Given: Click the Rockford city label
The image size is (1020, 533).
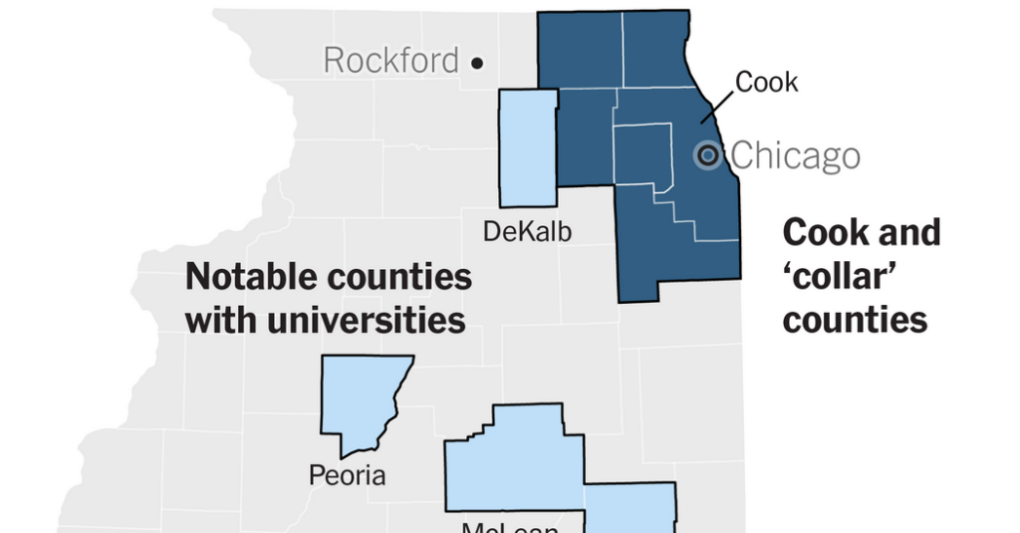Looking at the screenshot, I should [x=390, y=61].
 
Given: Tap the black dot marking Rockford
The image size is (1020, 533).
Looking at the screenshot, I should [x=477, y=63].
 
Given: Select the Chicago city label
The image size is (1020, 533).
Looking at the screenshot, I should [x=795, y=156].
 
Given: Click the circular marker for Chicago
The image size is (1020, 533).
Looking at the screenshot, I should [x=707, y=154].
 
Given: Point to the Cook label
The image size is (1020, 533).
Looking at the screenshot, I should [x=767, y=82].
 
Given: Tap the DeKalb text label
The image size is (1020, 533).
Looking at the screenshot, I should [x=527, y=231].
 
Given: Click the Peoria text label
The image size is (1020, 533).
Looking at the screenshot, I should [x=347, y=474].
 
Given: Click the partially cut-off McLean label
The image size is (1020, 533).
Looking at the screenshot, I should [x=508, y=525].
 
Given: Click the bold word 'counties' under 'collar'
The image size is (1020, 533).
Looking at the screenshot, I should [x=855, y=320].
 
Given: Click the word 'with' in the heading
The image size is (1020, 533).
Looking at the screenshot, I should [x=216, y=321].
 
